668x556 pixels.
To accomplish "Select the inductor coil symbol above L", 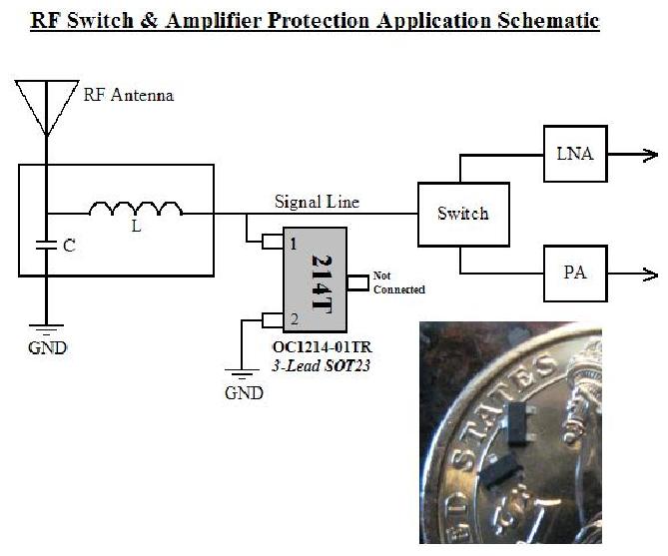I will pos(136,210).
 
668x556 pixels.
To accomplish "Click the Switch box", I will pos(462,214).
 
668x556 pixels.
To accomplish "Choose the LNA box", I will pos(574,154).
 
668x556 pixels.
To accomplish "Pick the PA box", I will pos(574,273).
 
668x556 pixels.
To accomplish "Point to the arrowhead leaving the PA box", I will pos(650,274).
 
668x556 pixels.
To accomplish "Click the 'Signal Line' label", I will pos(317,202).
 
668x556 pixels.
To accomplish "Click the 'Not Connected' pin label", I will pos(398,282).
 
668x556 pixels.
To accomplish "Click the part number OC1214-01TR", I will pos(322,348).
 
